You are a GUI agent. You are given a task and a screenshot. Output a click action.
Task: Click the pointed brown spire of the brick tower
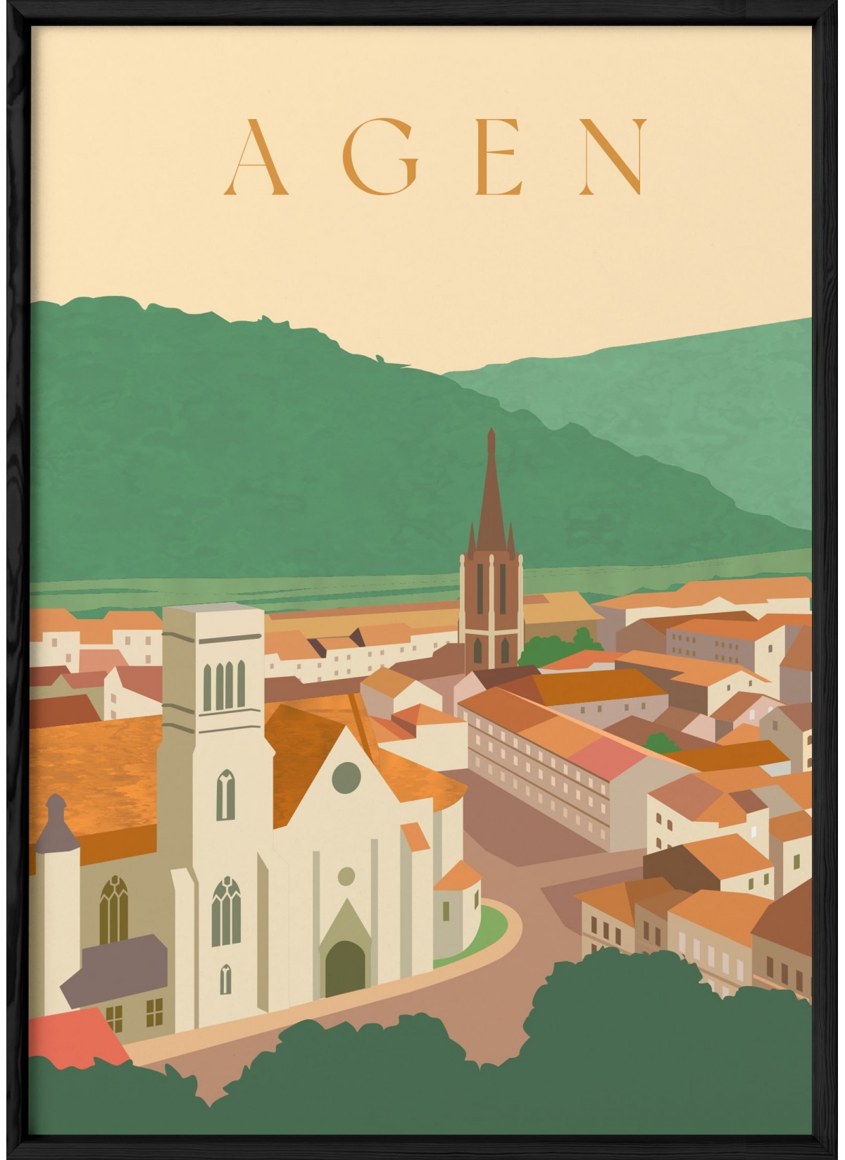(491, 493)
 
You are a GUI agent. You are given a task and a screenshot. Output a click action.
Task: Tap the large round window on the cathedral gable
(346, 777)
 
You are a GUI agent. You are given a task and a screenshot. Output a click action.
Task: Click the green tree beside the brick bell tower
(560, 645)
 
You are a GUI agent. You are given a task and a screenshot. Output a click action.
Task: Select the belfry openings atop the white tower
(224, 686)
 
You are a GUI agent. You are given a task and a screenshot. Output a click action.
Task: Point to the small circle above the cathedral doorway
(346, 876)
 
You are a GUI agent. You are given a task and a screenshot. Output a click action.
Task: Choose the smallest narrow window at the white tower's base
(225, 978)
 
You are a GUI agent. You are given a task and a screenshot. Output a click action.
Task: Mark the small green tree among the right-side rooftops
(661, 742)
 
